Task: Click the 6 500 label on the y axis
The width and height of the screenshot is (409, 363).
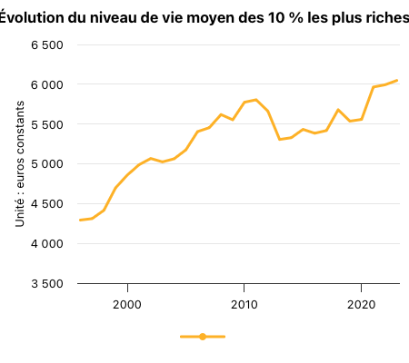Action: [47, 45]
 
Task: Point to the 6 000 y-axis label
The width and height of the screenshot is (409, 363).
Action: [47, 84]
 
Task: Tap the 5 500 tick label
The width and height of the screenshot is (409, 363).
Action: [47, 124]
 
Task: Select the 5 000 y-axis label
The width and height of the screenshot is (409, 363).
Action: [47, 164]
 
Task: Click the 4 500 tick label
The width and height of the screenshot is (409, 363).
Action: [47, 204]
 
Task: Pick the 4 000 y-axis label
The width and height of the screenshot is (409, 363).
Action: [47, 243]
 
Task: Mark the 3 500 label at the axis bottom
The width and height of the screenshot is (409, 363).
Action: [47, 284]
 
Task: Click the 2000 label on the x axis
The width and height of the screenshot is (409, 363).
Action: [127, 305]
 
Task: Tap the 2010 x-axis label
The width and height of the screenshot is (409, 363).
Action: [244, 305]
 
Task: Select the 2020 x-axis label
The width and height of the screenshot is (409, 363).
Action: [361, 305]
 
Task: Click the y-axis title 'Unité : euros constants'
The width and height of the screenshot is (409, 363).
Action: [20, 164]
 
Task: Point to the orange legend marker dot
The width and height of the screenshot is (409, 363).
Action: [203, 337]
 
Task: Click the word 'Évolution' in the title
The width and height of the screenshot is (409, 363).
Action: [32, 18]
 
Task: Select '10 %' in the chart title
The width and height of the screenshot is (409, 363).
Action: [285, 18]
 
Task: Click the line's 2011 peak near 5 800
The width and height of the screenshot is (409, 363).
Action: [256, 100]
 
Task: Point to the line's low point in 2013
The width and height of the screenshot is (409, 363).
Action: [279, 139]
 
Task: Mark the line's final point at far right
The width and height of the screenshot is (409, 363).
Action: [396, 81]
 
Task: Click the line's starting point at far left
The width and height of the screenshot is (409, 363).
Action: [80, 220]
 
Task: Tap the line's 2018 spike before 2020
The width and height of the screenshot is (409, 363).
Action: [338, 110]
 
